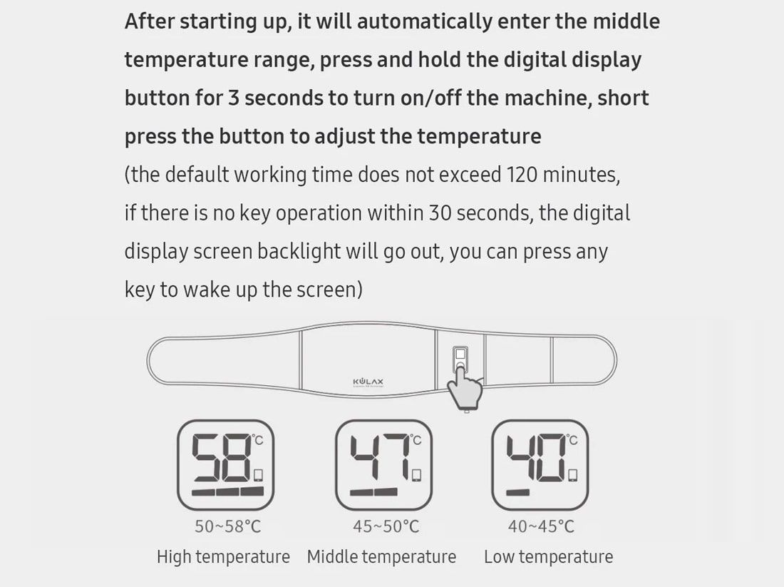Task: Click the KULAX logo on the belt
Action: [x=368, y=382]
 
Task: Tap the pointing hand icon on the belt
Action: [x=465, y=388]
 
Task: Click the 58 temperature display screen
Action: [x=225, y=465]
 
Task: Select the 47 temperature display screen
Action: [x=383, y=465]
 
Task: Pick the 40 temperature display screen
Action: [x=540, y=465]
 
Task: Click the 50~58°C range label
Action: [x=228, y=526]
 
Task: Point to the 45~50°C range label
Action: [x=386, y=526]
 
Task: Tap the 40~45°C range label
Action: [x=541, y=526]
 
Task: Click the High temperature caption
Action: [x=223, y=556]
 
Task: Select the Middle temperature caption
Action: [x=381, y=556]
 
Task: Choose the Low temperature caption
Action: [x=549, y=556]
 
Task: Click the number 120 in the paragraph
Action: [x=522, y=175]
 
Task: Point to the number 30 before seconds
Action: [x=440, y=213]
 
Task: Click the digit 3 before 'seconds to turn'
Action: [x=234, y=98]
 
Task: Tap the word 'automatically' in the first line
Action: [x=425, y=21]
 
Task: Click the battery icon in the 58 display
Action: [x=258, y=474]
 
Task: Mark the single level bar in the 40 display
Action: [x=517, y=492]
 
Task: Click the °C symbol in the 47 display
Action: [x=416, y=439]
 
